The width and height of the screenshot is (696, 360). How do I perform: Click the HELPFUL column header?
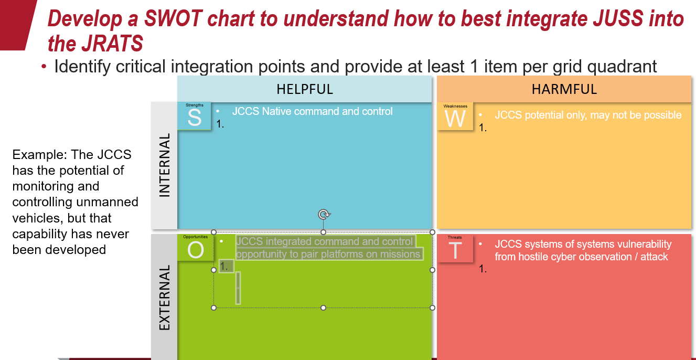click(305, 89)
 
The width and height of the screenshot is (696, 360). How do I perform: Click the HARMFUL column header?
click(564, 89)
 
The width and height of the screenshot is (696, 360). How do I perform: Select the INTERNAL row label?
click(165, 165)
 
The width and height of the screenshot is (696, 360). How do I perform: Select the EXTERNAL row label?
click(165, 298)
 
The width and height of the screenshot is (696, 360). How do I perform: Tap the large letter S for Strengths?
click(194, 118)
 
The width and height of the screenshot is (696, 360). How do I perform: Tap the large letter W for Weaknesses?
click(455, 119)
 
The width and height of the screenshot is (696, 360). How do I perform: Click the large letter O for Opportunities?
click(195, 250)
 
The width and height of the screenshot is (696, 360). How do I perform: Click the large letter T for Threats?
click(455, 250)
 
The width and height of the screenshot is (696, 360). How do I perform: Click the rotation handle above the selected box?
click(324, 214)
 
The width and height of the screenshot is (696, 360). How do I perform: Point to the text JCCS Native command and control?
click(312, 111)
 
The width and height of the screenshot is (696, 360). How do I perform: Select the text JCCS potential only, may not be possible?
click(588, 115)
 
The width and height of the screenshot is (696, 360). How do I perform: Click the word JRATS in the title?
click(112, 44)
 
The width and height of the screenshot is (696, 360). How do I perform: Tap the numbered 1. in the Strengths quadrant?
click(220, 124)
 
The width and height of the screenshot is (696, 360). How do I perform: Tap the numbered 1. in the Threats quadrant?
click(483, 269)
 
